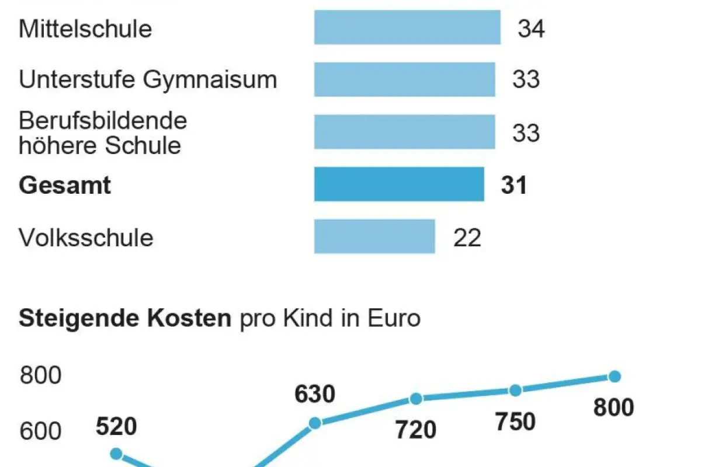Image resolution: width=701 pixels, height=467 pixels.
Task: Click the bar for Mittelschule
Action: (x=407, y=27)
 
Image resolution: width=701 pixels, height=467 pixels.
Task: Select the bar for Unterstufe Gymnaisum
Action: (x=404, y=79)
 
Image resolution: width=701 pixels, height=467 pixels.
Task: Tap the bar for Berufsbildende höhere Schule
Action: (x=404, y=132)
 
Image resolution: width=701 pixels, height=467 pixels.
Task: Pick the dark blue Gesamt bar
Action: (x=399, y=184)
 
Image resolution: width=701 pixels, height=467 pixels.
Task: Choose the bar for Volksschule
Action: (x=374, y=236)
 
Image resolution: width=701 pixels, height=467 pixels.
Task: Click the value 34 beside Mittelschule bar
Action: (x=531, y=29)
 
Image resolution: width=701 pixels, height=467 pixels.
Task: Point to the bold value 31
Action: (x=514, y=186)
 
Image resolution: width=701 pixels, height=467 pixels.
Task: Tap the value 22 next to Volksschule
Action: (x=467, y=238)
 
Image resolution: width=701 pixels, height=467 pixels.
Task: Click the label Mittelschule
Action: (x=85, y=29)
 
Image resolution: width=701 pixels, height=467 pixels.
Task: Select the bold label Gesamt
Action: (x=65, y=186)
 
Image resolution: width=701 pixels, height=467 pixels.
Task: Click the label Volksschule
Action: (x=86, y=238)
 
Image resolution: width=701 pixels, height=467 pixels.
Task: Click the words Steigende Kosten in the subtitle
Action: (x=125, y=319)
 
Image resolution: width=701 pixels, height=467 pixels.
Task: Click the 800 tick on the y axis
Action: (x=40, y=376)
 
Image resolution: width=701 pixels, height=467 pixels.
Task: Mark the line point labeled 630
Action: (x=315, y=423)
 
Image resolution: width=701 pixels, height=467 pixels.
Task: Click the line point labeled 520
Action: (x=116, y=454)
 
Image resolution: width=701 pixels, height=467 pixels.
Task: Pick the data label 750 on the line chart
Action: (x=515, y=421)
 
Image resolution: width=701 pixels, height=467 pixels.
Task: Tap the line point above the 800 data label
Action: (x=614, y=377)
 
